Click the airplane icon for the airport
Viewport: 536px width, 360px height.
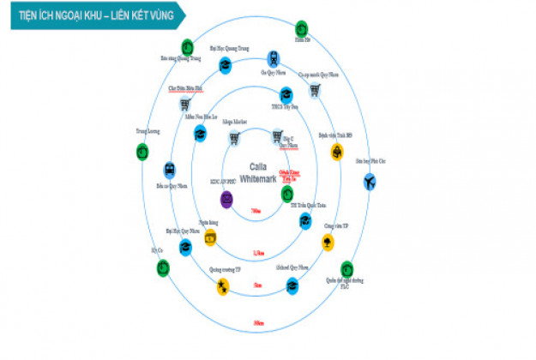pyautogui.click(x=370, y=182)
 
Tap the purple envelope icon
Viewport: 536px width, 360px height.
pyautogui.click(x=226, y=200)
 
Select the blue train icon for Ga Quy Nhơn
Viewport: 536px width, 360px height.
pyautogui.click(x=274, y=58)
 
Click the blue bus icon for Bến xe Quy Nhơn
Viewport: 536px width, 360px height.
pyautogui.click(x=170, y=170)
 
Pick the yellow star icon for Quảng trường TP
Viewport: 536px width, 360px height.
pyautogui.click(x=223, y=285)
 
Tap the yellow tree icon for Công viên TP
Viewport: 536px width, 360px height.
pyautogui.click(x=328, y=243)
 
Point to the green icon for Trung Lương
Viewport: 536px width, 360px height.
pyautogui.click(x=142, y=151)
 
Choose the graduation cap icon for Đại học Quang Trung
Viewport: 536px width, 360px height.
pyautogui.click(x=224, y=64)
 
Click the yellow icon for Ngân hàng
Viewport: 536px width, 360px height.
pyautogui.click(x=210, y=240)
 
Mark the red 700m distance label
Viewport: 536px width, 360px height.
pyautogui.click(x=256, y=211)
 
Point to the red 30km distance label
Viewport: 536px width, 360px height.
pyautogui.click(x=258, y=322)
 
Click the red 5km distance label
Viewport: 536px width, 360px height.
pyautogui.click(x=257, y=285)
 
